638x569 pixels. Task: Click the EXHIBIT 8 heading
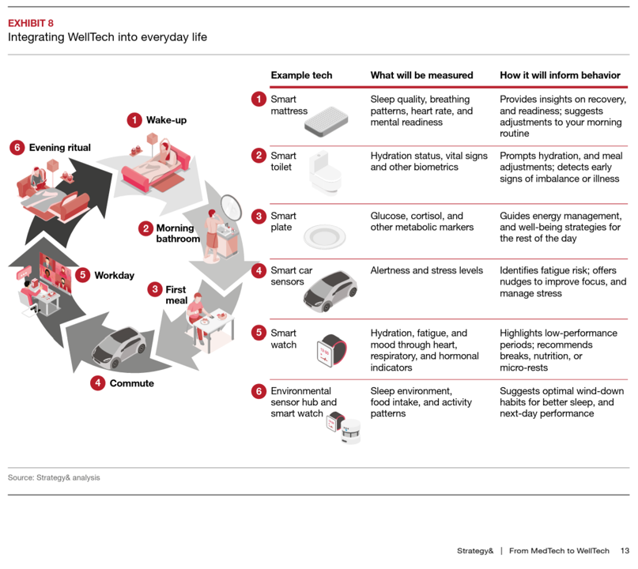[31, 23]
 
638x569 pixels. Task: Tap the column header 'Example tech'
[301, 75]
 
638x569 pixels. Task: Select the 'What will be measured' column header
[421, 75]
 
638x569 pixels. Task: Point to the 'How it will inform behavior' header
[560, 75]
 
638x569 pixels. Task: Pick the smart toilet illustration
[324, 171]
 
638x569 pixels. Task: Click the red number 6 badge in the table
[259, 391]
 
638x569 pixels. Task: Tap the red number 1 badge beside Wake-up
[134, 120]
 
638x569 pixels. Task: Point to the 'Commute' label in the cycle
[131, 383]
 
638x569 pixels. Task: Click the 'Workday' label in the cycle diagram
[114, 276]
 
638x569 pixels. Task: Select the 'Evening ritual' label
[59, 148]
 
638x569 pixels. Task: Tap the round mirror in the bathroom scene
[231, 206]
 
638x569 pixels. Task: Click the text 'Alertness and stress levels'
[426, 270]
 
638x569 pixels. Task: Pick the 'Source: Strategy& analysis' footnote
[54, 477]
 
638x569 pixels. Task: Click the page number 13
[624, 551]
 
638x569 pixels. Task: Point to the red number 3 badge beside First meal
[155, 289]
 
